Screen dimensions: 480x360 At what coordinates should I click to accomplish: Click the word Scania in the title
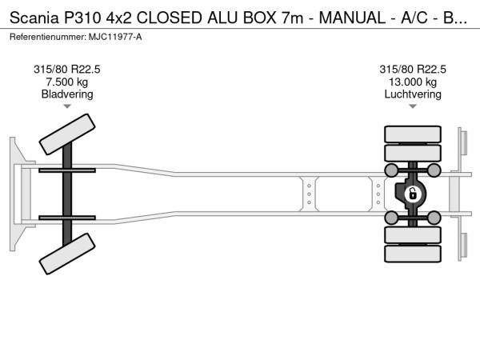(34, 18)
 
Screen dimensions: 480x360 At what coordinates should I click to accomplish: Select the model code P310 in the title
(82, 18)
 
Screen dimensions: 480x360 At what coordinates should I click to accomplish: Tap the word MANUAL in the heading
(352, 18)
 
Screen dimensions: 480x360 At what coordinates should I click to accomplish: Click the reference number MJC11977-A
(115, 37)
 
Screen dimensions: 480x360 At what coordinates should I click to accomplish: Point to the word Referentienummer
(48, 37)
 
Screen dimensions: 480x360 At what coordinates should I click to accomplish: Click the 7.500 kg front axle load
(67, 82)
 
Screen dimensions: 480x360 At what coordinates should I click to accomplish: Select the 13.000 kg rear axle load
(413, 82)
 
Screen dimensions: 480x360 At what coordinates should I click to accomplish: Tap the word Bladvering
(67, 94)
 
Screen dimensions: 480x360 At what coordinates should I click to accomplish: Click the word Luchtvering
(413, 94)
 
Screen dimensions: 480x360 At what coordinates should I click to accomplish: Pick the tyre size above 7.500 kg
(67, 70)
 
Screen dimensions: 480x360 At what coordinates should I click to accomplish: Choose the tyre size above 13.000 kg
(413, 70)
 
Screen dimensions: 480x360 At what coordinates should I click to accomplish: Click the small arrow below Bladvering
(67, 106)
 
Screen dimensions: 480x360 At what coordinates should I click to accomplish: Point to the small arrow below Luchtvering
(413, 106)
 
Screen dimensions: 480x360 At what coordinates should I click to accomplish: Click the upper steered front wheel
(67, 134)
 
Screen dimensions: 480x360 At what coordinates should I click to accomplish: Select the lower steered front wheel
(67, 254)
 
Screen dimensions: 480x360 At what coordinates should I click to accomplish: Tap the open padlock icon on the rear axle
(413, 194)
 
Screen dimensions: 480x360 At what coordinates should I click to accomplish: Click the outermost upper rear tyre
(413, 134)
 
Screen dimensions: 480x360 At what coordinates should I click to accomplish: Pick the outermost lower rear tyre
(413, 254)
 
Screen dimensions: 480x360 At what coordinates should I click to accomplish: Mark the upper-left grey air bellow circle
(391, 170)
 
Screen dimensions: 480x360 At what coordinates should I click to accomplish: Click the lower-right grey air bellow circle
(434, 218)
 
